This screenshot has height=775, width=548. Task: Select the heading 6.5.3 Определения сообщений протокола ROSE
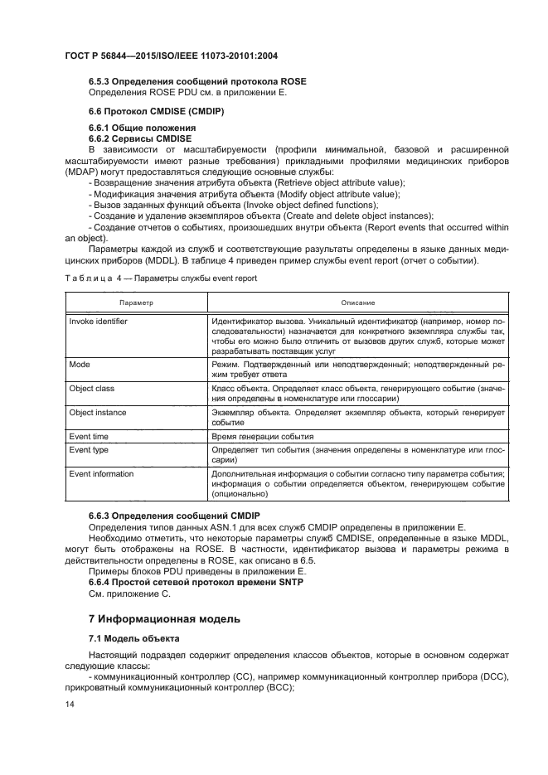point(197,80)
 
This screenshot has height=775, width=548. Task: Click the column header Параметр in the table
point(134,303)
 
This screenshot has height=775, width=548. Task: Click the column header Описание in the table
point(357,303)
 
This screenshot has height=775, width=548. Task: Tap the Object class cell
point(92,388)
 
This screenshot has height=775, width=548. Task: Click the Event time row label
point(89,436)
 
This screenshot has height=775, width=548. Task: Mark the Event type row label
point(89,449)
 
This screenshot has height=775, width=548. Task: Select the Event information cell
point(101,474)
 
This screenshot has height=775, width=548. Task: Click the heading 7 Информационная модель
point(164,618)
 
